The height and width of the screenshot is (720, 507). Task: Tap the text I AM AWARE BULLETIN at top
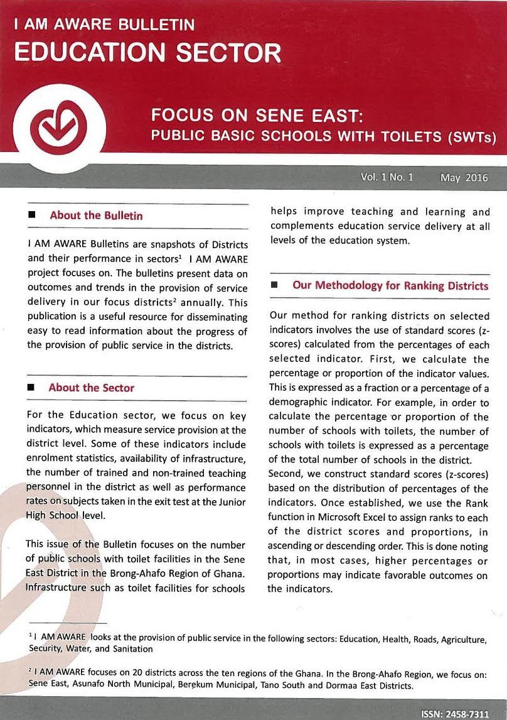click(104, 25)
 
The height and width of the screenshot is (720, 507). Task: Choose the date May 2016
click(464, 177)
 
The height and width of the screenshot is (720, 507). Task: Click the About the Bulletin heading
click(96, 215)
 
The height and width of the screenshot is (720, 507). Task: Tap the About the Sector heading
click(92, 388)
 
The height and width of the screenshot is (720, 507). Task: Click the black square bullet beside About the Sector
click(30, 388)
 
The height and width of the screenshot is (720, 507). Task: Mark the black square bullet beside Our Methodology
click(274, 286)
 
